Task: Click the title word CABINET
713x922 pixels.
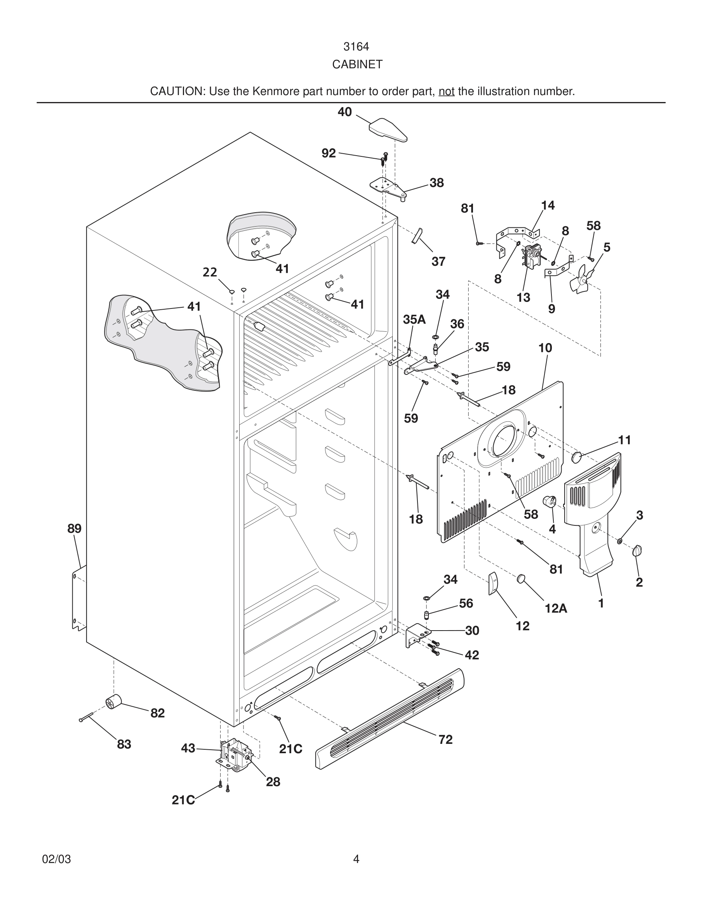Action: (357, 64)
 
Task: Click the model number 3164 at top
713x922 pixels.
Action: (356, 47)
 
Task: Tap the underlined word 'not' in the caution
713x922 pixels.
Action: (446, 91)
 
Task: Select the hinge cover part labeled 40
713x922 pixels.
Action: (388, 129)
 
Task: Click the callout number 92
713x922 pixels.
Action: (329, 153)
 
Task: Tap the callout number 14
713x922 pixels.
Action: (548, 206)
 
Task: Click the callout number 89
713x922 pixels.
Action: (74, 529)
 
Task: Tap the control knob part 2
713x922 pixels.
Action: (637, 551)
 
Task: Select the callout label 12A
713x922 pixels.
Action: (556, 608)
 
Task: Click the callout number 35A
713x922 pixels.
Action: (414, 320)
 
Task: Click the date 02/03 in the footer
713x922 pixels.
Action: (57, 859)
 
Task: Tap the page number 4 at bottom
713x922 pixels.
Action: (356, 859)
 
